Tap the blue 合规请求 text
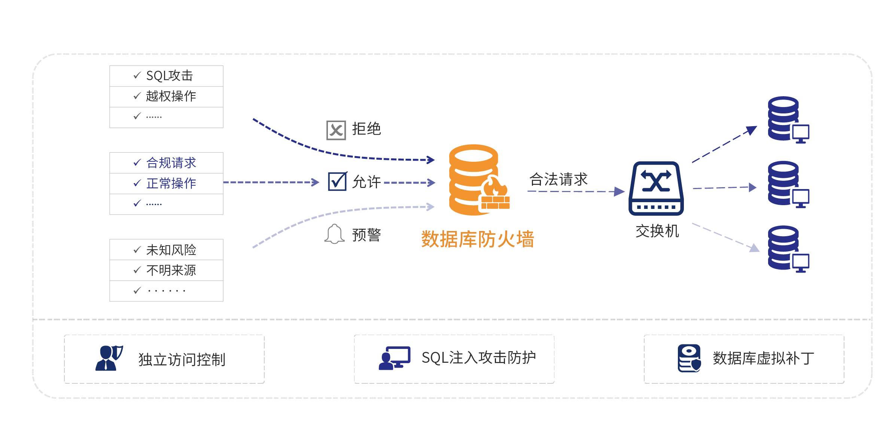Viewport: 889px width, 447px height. pos(171,163)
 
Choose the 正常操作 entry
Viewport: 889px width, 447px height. pos(171,183)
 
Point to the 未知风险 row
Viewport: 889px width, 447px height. pos(171,250)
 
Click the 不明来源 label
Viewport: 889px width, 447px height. pos(171,270)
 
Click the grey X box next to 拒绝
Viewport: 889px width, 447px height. pos(336,130)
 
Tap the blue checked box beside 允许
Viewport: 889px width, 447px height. pos(337,182)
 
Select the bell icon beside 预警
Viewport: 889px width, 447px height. pos(334,234)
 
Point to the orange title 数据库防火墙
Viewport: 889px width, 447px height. pos(477,239)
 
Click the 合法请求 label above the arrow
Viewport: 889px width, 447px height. pos(558,179)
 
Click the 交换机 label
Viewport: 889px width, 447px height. pos(657,231)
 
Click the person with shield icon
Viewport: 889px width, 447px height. pos(109,358)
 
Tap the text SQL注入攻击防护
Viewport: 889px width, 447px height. pos(478,358)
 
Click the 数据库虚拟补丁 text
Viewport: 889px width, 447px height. pos(763,359)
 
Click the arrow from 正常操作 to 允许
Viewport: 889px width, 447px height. pos(271,182)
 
